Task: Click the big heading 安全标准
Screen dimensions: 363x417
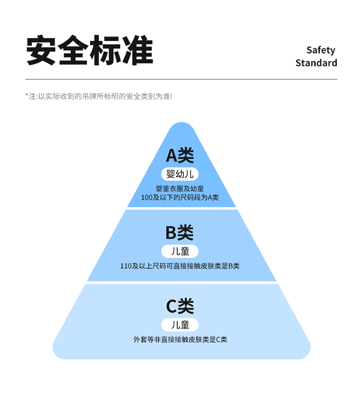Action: (90, 50)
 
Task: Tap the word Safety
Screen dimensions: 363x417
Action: (320, 50)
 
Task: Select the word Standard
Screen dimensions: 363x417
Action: (316, 63)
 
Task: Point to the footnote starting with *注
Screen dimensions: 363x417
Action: (99, 96)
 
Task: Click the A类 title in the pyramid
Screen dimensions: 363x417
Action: (180, 155)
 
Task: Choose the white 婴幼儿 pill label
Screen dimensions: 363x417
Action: (180, 174)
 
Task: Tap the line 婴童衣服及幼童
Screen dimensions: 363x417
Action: (180, 188)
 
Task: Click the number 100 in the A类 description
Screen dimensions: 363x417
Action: (146, 198)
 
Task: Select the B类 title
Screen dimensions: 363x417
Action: (180, 233)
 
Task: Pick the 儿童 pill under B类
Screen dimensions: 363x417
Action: (180, 251)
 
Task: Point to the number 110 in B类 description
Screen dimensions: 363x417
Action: (126, 266)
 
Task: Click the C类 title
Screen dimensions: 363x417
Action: (180, 306)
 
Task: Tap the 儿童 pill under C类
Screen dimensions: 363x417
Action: (180, 324)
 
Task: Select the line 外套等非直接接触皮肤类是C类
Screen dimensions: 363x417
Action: (180, 340)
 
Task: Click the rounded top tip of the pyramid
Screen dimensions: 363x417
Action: (181, 127)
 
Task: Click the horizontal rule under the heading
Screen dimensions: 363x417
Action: (181, 79)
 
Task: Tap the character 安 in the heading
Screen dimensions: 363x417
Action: (42, 50)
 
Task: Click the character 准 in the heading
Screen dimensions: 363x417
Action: (137, 50)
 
